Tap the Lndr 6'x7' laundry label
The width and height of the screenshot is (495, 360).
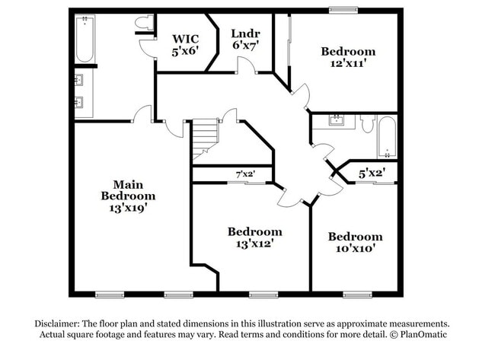[x=245, y=39]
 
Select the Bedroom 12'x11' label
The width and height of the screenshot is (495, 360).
[x=348, y=58]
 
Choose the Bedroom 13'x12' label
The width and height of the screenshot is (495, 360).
[x=254, y=237]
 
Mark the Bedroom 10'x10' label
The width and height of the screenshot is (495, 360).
[x=356, y=242]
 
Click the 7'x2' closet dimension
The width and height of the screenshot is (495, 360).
[x=244, y=174]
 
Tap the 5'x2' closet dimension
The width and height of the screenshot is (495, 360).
[x=372, y=173]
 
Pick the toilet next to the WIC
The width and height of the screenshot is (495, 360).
[x=141, y=26]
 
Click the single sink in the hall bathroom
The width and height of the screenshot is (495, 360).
[x=336, y=119]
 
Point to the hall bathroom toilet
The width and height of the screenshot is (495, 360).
[x=366, y=123]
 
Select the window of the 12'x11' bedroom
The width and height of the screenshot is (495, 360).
[x=343, y=10]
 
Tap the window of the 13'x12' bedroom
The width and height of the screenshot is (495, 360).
[x=261, y=294]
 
